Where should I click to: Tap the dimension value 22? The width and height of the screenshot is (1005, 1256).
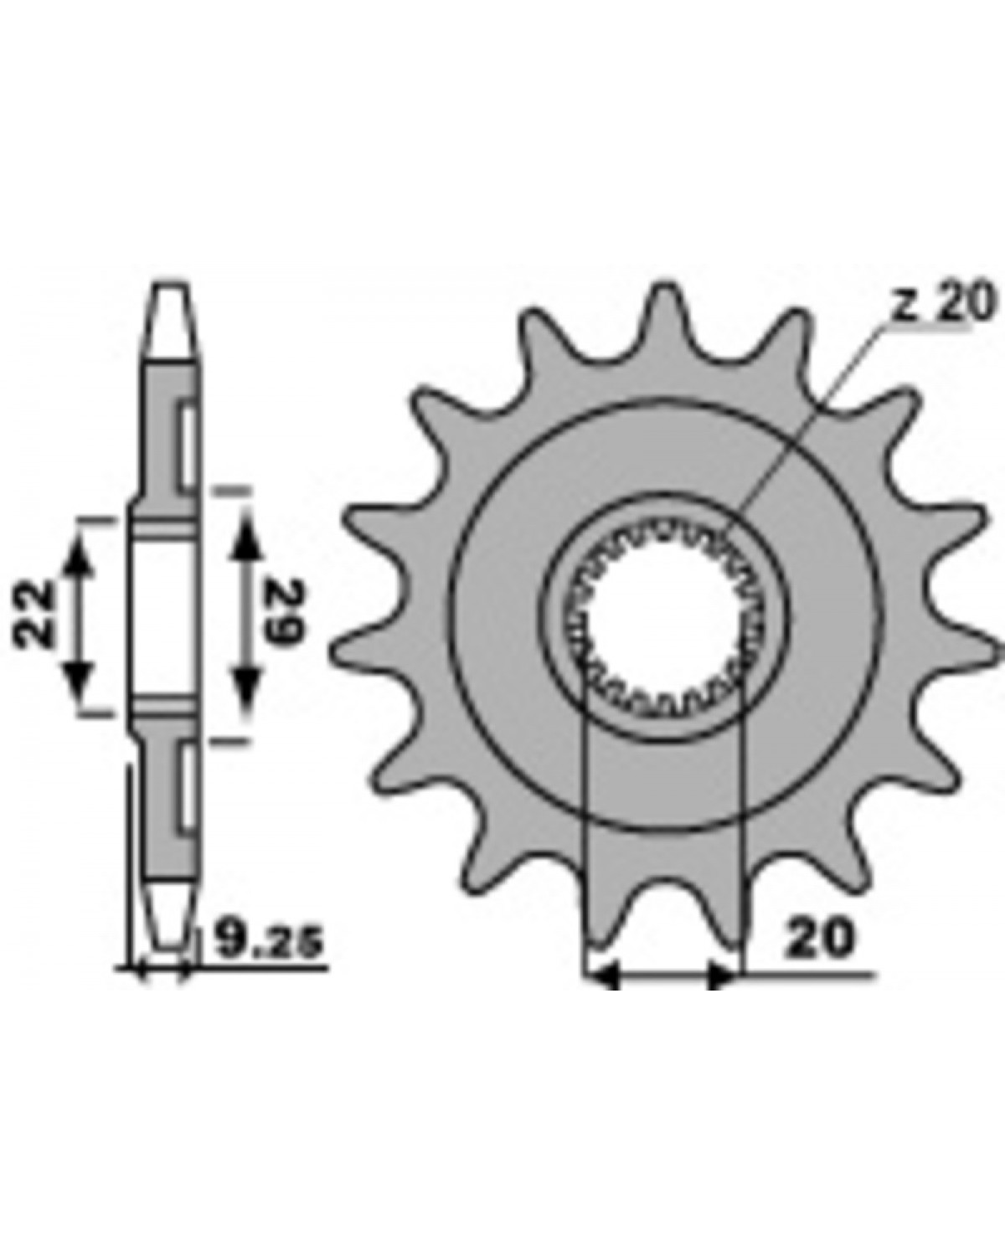pyautogui.click(x=33, y=614)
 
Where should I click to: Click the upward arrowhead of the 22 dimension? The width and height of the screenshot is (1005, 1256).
pyautogui.click(x=79, y=559)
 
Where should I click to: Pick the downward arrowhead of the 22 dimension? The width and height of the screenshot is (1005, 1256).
pyautogui.click(x=79, y=678)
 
